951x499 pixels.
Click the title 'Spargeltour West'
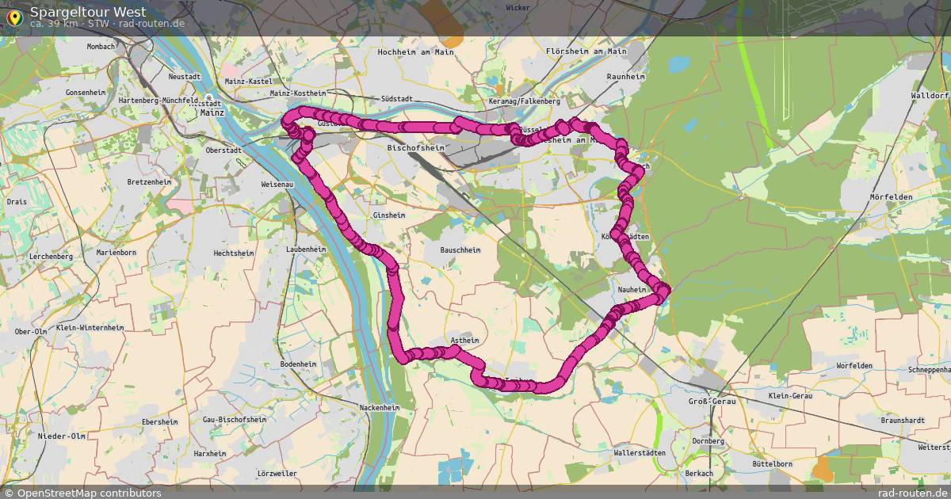tap(87, 11)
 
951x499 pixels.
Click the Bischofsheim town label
tap(415, 148)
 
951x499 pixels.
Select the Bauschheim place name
tap(460, 249)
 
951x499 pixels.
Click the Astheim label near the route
tap(464, 341)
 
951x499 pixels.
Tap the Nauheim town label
tap(632, 290)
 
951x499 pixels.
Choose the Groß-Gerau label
tap(712, 402)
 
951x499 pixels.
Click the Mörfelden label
tap(891, 196)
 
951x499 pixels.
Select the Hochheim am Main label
tap(415, 51)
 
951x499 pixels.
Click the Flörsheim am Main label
tap(586, 51)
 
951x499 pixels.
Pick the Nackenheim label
tap(379, 407)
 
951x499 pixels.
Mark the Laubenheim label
tap(306, 249)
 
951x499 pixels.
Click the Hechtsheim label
tap(233, 253)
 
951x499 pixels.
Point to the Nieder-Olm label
tap(62, 436)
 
